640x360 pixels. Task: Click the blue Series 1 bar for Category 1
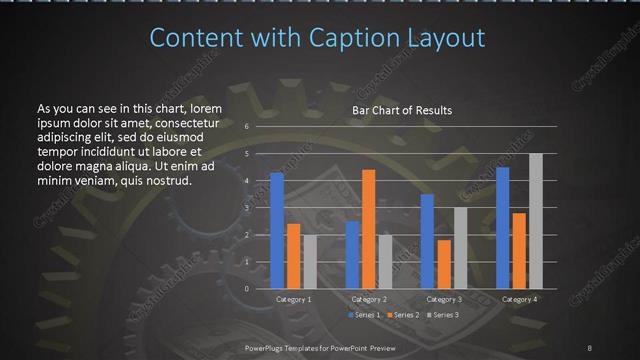277,230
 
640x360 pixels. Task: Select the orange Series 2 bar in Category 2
369,229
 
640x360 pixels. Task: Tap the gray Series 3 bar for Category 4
536,221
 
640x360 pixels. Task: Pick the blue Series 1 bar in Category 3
427,241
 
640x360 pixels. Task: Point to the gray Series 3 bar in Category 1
310,261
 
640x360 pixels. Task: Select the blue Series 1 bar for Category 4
503,227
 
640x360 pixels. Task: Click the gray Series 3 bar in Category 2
386,261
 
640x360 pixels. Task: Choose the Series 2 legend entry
404,315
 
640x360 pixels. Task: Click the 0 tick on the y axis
246,288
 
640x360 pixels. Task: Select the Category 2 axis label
369,299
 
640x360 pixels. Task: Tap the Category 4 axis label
519,299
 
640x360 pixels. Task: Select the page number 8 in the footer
590,345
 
